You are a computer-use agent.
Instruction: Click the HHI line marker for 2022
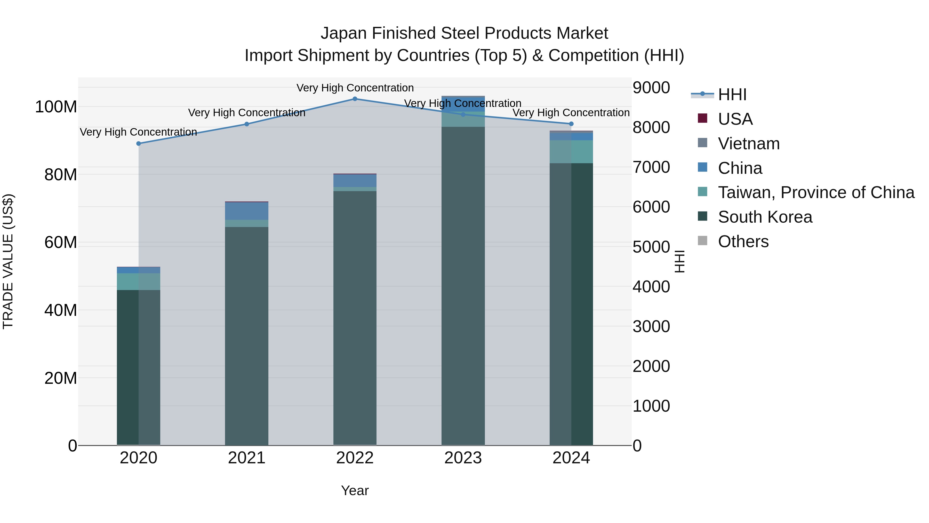click(355, 99)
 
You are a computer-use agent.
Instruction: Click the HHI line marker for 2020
click(139, 144)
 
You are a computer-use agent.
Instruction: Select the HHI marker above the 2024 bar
click(571, 124)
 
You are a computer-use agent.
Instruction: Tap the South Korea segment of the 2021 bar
click(247, 336)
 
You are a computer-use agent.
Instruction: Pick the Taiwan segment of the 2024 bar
click(571, 152)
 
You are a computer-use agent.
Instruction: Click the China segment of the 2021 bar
click(247, 211)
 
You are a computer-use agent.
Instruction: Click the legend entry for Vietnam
click(749, 144)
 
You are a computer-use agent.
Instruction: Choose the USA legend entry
click(735, 119)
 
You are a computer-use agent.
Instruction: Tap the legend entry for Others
click(743, 241)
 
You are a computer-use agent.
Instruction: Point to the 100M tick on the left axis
click(56, 107)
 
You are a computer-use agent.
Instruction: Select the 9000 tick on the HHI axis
click(651, 88)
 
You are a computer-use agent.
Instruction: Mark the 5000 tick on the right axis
click(651, 247)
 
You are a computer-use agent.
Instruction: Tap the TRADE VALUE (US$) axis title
click(8, 261)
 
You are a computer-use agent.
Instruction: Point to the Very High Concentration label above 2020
click(139, 132)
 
